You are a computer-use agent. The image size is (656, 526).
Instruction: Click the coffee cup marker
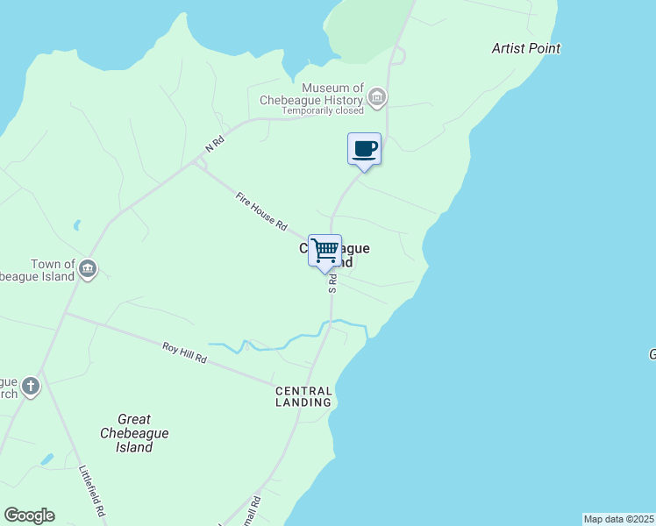pyautogui.click(x=364, y=149)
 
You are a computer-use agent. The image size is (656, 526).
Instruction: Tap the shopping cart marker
pyautogui.click(x=324, y=251)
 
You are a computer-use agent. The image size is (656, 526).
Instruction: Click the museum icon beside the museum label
pyautogui.click(x=377, y=96)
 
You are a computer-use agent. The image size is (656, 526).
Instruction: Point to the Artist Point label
pyautogui.click(x=526, y=48)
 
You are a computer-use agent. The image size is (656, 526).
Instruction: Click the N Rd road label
pyautogui.click(x=214, y=144)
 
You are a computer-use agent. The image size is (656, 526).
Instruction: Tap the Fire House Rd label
pyautogui.click(x=261, y=212)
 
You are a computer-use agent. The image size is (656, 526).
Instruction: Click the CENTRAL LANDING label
pyautogui.click(x=303, y=396)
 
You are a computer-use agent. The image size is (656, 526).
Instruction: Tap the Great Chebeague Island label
pyautogui.click(x=133, y=433)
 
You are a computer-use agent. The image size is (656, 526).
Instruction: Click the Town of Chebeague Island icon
pyautogui.click(x=87, y=267)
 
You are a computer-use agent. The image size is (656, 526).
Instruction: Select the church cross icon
pyautogui.click(x=31, y=386)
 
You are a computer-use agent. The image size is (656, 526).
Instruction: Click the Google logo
pyautogui.click(x=29, y=515)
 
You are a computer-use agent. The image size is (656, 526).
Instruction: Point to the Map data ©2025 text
pyautogui.click(x=618, y=519)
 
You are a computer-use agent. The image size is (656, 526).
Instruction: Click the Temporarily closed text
pyautogui.click(x=323, y=111)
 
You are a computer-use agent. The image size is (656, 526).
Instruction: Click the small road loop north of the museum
pyautogui.click(x=397, y=56)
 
